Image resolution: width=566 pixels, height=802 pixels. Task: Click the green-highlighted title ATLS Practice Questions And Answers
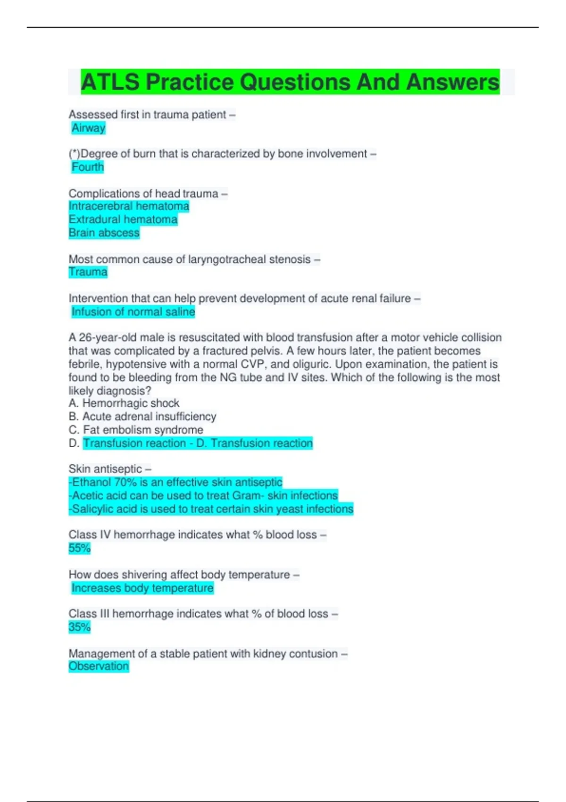pos(290,82)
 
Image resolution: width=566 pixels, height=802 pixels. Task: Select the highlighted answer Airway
pos(88,128)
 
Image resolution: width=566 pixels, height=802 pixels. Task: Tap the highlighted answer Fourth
pos(87,167)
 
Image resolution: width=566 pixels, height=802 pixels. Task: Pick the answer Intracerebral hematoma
pos(129,206)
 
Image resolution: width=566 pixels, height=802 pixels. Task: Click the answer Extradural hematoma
pos(123,219)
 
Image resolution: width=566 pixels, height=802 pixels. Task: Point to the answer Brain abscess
pos(104,233)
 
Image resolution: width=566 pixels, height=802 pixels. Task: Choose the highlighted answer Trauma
pos(88,272)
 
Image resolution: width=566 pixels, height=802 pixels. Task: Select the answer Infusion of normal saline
pos(133,312)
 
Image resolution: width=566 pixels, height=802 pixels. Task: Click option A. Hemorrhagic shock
pos(124,403)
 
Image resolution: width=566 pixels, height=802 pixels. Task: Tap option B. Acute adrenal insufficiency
pos(142,417)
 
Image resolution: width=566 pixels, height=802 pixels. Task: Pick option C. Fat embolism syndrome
pos(136,430)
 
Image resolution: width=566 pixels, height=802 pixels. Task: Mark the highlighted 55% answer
pos(79,548)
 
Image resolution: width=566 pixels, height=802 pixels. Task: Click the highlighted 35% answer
pos(79,627)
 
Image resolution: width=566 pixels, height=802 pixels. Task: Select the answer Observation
pos(99,666)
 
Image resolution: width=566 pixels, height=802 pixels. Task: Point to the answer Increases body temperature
pos(142,588)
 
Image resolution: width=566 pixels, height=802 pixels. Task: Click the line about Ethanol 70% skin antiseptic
pos(175,482)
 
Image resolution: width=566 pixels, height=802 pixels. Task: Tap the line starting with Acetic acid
pos(203,495)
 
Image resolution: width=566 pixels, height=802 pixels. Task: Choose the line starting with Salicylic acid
pos(211,509)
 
